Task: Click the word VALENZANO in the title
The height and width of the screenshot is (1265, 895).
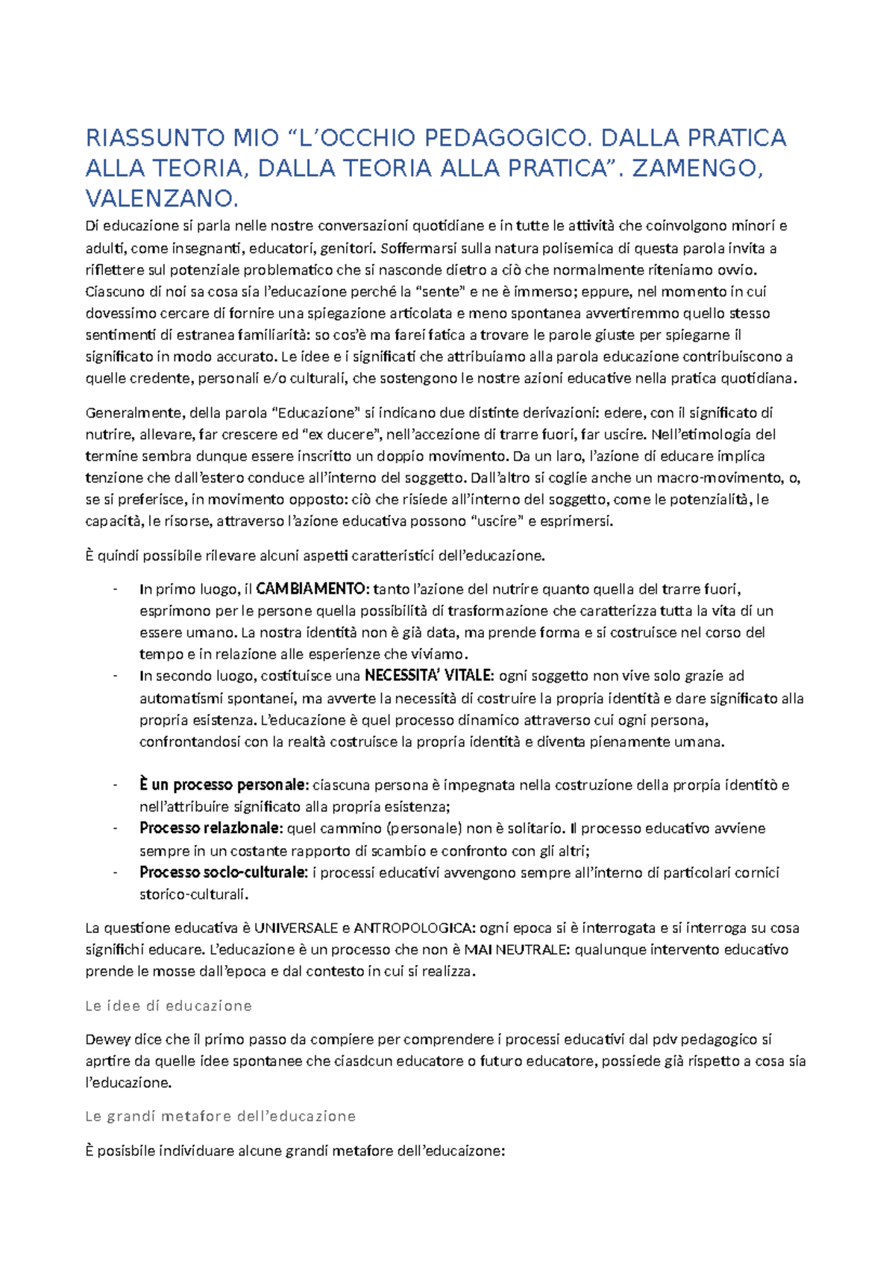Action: (161, 198)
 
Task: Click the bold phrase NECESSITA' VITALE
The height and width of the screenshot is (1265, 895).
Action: (429, 676)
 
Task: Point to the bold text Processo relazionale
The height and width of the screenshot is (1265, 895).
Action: (211, 828)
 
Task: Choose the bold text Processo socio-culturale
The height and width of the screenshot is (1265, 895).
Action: (223, 872)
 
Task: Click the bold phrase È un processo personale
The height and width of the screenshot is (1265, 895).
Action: (223, 785)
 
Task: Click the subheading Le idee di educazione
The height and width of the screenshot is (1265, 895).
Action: (169, 1005)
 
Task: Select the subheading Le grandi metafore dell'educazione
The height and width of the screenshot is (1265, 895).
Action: (220, 1116)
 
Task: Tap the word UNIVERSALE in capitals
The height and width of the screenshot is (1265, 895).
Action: (296, 928)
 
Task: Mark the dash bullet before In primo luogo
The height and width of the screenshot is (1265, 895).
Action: (116, 590)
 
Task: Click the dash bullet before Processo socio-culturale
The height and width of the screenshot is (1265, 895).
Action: (116, 873)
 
